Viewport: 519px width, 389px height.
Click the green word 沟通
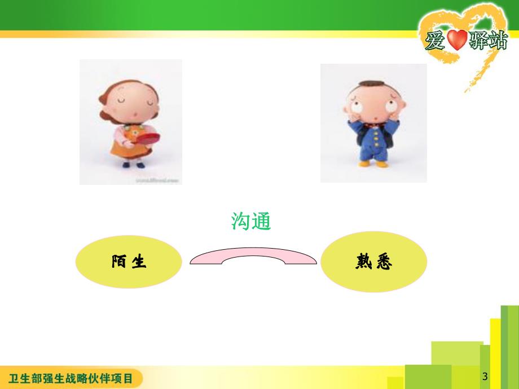pos(251,221)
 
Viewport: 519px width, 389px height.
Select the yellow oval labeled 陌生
pos(129,262)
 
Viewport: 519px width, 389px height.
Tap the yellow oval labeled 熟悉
pos(373,262)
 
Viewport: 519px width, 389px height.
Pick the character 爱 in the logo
pos(436,41)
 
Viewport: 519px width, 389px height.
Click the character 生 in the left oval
pos(139,262)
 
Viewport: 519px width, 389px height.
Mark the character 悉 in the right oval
pos(384,262)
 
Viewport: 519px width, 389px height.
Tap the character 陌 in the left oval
pos(119,262)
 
